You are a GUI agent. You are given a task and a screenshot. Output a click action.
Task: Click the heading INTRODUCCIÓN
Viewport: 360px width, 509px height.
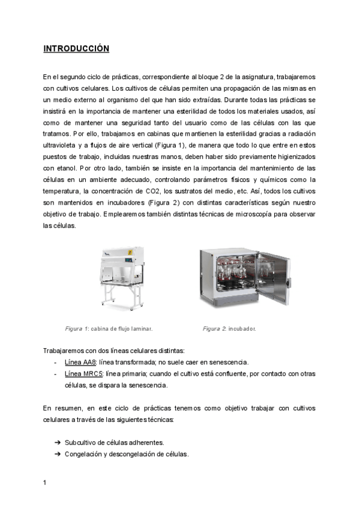pos(76,49)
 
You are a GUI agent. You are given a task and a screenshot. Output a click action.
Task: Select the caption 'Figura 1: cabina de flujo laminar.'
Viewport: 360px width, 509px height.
pos(109,328)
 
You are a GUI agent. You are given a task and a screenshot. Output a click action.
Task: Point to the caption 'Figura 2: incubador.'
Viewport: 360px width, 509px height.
pos(230,328)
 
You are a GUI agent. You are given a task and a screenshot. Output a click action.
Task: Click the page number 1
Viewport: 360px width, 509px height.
pos(45,483)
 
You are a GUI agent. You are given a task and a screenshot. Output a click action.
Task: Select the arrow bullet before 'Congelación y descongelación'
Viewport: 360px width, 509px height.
pos(58,454)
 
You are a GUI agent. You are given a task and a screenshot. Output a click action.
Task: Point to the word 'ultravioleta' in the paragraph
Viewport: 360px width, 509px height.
pos(62,145)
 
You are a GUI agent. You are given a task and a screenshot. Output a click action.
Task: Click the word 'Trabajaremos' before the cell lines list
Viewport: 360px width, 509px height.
pos(64,351)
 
